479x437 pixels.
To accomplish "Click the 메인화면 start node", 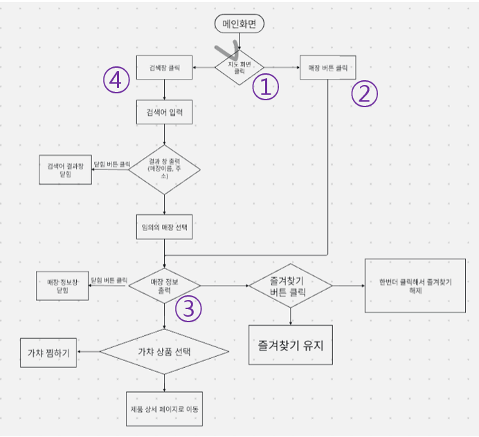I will pos(239,23).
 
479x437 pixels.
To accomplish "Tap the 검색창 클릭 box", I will pos(164,68).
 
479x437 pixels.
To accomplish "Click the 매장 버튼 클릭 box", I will pos(328,68).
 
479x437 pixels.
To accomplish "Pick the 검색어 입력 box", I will pos(164,111).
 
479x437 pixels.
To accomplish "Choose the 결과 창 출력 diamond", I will pos(164,167).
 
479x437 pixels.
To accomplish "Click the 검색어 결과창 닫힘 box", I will pos(66,169).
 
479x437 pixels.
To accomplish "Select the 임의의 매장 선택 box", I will pos(164,227).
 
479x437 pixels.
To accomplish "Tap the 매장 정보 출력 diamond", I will pos(165,285).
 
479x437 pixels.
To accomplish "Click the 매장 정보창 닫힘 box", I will pos(63,286).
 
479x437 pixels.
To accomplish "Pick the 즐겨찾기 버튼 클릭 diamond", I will pos(291,286).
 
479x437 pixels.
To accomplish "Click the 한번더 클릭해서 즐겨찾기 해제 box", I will pos(415,286).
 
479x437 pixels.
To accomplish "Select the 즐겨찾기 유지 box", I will pos(291,344).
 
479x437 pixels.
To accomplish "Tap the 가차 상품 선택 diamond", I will pos(165,352).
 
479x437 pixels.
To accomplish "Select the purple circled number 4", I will pos(117,80).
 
